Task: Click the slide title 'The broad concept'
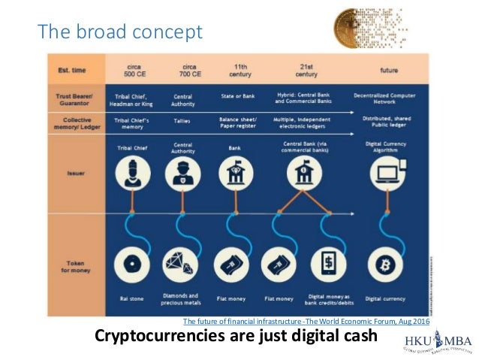tap(120, 32)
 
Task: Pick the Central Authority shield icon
tap(183, 174)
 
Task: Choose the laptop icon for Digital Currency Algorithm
tap(389, 174)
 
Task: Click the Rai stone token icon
tap(132, 267)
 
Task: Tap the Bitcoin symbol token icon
tap(389, 267)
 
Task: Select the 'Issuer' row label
tap(74, 172)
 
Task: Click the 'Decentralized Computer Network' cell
tap(389, 99)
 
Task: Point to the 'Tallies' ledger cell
tap(183, 120)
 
